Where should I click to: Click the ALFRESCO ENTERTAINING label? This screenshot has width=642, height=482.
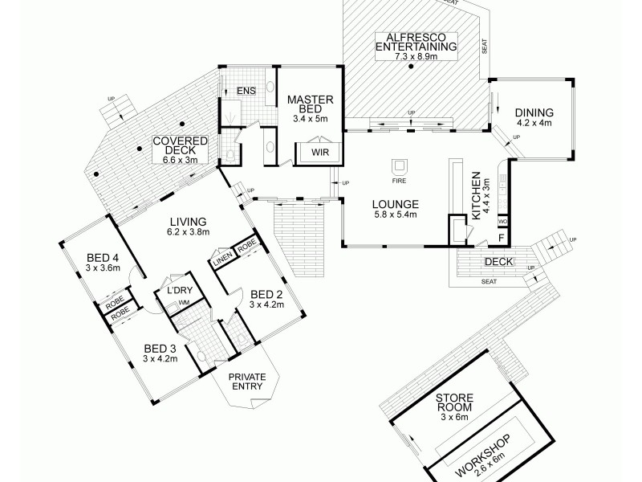tap(416, 42)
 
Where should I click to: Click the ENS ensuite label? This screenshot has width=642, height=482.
tap(246, 91)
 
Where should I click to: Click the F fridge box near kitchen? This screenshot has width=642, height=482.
tap(502, 238)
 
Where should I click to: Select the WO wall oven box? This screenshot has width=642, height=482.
tap(503, 219)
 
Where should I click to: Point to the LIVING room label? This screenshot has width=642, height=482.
tap(189, 222)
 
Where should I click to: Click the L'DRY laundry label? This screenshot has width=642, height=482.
tap(177, 291)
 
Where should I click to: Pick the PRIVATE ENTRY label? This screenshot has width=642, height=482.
tap(248, 383)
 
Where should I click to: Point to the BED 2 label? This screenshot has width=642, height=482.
tap(266, 293)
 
